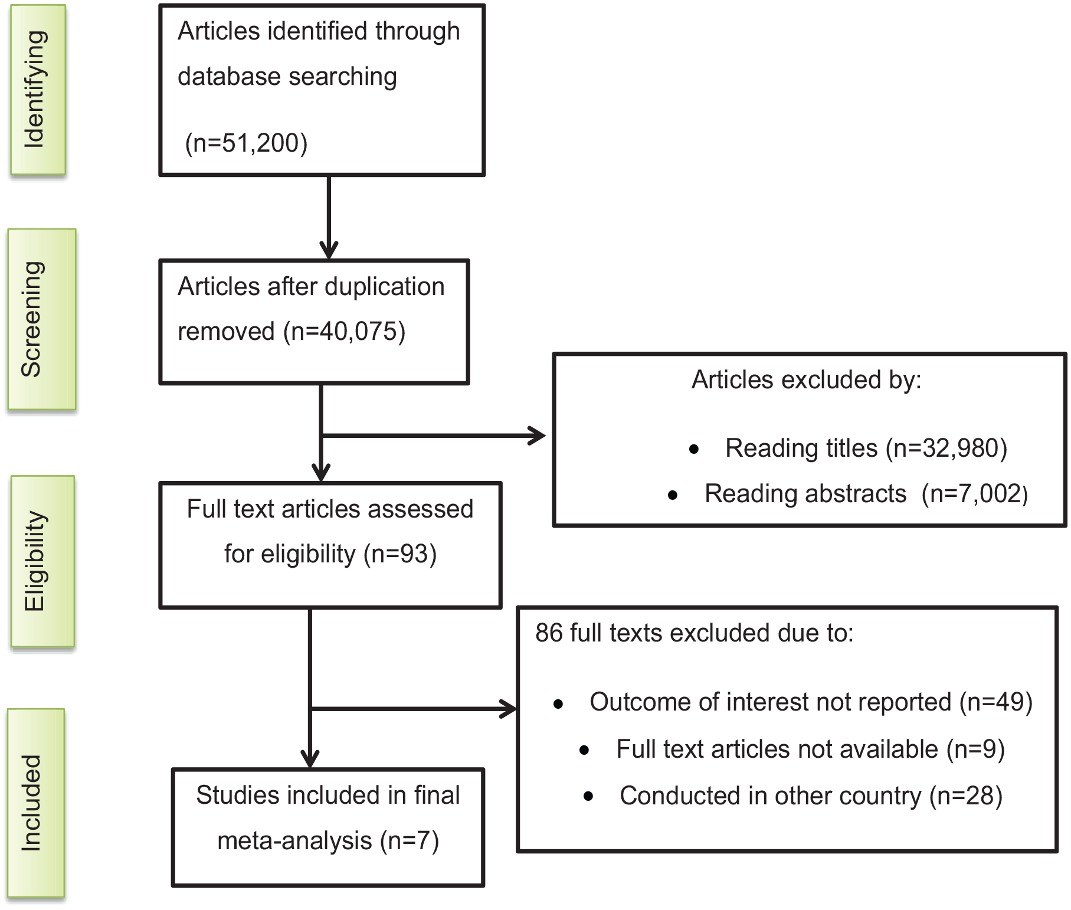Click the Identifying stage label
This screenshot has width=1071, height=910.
34,89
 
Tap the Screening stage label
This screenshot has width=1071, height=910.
32,319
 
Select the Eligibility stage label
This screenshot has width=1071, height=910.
34,561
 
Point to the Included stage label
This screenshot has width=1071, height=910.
31,803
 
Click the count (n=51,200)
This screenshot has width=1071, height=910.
246,143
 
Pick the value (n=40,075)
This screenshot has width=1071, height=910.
345,332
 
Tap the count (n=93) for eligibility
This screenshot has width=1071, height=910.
400,554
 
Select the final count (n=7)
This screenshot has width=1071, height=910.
410,841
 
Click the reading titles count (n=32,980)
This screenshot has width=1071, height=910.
946,449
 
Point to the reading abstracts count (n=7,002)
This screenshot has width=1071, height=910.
975,494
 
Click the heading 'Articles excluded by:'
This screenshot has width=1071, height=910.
806,380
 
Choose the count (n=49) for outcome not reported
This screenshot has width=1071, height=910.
996,702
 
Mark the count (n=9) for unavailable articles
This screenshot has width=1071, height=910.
975,749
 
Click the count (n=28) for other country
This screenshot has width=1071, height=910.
966,796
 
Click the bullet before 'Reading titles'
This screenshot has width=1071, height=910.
694,450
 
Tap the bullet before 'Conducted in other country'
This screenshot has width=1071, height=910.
588,796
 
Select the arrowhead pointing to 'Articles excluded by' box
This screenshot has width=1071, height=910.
537,436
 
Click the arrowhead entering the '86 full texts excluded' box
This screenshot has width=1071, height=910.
508,709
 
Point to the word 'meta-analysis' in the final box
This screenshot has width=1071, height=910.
294,841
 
